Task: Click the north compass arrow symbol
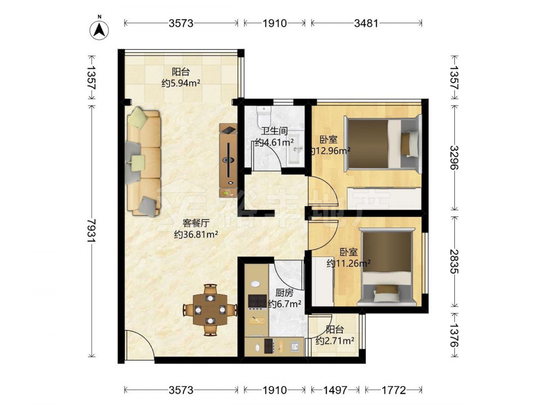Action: pyautogui.click(x=99, y=30)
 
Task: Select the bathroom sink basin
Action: pyautogui.click(x=296, y=148)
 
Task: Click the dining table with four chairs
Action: pyautogui.click(x=210, y=309)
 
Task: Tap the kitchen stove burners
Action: pyautogui.click(x=257, y=302)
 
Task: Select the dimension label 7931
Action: pyautogui.click(x=92, y=231)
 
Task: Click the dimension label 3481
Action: pyautogui.click(x=366, y=24)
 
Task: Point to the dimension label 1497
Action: pyautogui.click(x=335, y=390)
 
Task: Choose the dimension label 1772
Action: pyautogui.click(x=394, y=390)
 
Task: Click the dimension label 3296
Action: pyautogui.click(x=454, y=157)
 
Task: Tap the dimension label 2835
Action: pyautogui.click(x=454, y=261)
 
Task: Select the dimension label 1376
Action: pyautogui.click(x=454, y=335)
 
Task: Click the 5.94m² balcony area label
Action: pyautogui.click(x=181, y=83)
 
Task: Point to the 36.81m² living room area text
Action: pyautogui.click(x=196, y=235)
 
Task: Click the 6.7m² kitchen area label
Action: pyautogui.click(x=284, y=304)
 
